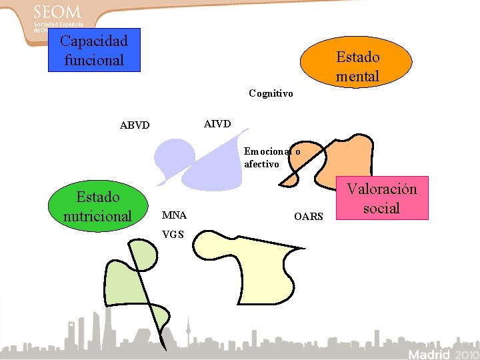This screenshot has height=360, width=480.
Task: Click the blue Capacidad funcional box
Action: click(94, 49)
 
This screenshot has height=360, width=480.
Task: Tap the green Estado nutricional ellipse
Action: click(98, 206)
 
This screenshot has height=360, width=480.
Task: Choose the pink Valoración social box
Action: click(381, 198)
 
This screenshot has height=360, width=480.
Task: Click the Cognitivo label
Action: click(271, 93)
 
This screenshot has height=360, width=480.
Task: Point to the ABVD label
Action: click(135, 125)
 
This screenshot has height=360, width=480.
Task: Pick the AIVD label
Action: click(217, 124)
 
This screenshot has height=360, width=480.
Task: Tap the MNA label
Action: click(174, 215)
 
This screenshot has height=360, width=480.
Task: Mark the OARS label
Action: click(308, 217)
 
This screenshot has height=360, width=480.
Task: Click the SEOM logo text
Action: click(57, 12)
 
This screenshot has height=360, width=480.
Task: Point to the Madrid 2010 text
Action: click(441, 353)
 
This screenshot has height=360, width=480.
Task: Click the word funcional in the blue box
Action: click(94, 60)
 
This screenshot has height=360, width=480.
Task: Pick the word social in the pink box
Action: click(381, 208)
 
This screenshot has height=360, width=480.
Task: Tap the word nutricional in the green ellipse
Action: click(98, 216)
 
